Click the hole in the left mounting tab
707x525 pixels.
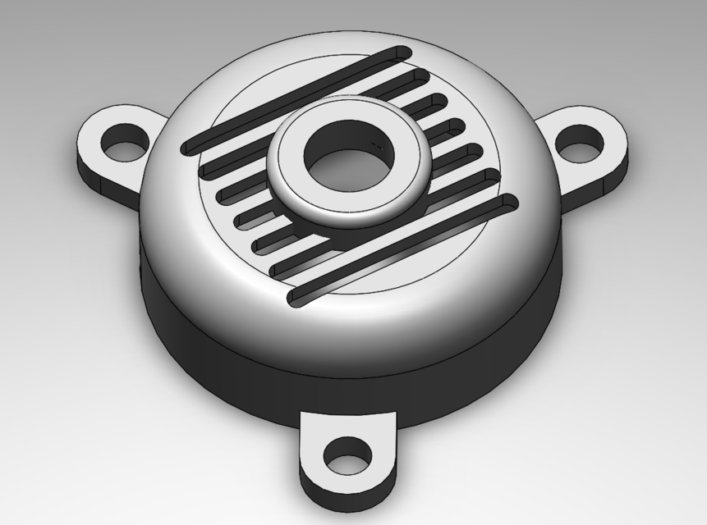pos(125,140)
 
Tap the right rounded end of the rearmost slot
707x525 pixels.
pos(402,53)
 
